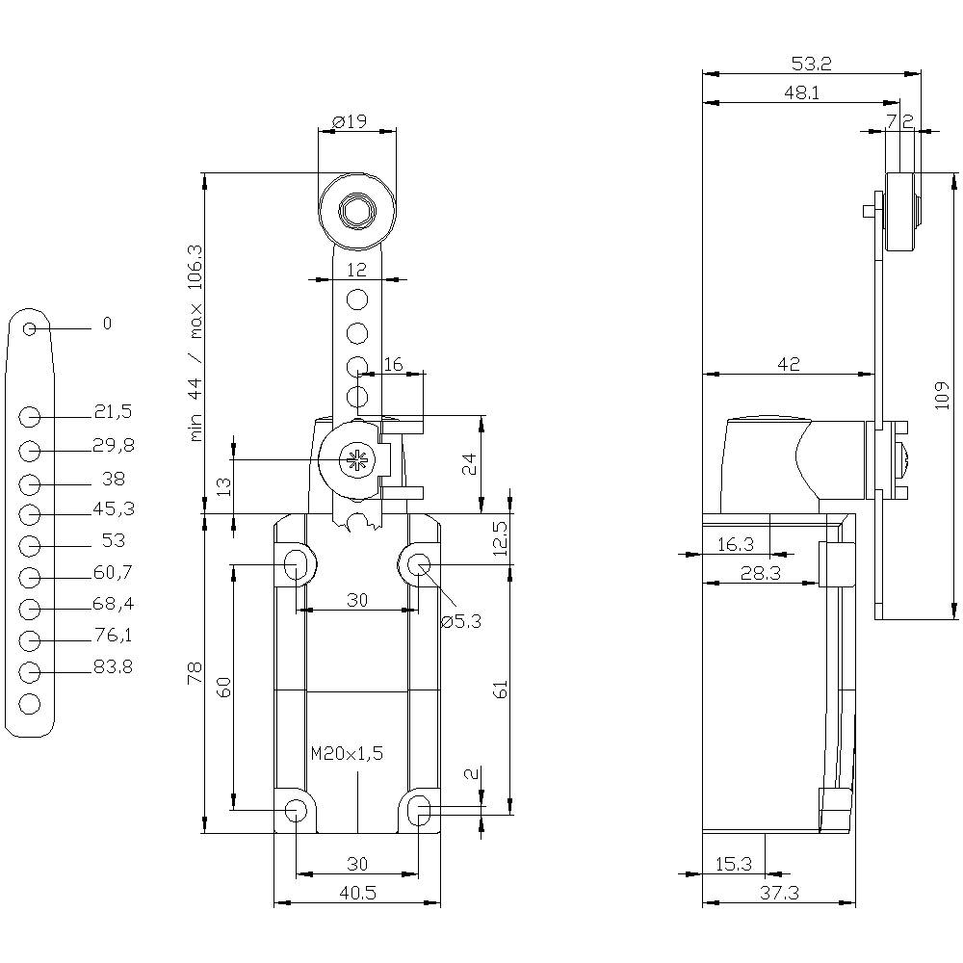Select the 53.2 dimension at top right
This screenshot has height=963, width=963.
[811, 65]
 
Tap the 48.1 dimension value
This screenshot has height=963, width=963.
[801, 93]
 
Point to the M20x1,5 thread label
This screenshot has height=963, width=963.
[347, 753]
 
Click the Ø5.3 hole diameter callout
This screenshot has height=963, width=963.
[461, 621]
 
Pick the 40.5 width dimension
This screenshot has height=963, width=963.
[356, 893]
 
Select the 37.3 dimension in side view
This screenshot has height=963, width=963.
[779, 893]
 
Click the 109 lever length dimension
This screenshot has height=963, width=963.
[942, 394]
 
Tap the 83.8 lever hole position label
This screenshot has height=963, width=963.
[113, 666]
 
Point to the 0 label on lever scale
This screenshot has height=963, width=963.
[107, 324]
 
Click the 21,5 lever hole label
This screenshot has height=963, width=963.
[113, 412]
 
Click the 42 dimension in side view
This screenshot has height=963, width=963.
[789, 364]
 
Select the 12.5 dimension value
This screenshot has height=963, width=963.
[499, 540]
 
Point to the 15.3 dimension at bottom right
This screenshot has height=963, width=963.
[734, 864]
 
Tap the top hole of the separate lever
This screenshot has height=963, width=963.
[30, 329]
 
